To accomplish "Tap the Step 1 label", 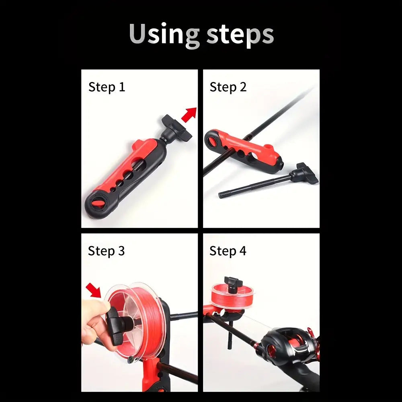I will pyautogui.click(x=107, y=87).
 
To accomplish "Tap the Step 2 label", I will pyautogui.click(x=228, y=87).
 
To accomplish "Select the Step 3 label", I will pyautogui.click(x=106, y=251).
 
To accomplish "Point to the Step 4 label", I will pyautogui.click(x=228, y=251).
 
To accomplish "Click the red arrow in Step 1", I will pyautogui.click(x=189, y=115).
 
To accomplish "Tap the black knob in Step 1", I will pyautogui.click(x=176, y=127).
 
